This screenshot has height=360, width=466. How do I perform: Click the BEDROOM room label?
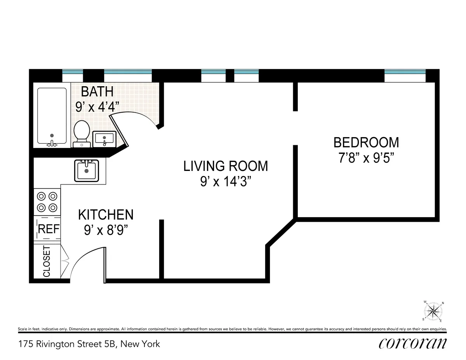pos(366,143)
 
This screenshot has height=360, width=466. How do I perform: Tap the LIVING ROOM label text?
pos(226,166)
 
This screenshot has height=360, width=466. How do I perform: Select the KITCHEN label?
pos(106,214)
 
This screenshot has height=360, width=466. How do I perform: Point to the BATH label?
pos(97,92)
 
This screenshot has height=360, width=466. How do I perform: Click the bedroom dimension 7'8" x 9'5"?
pos(366,159)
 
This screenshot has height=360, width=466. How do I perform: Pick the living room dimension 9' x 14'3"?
pos(226,182)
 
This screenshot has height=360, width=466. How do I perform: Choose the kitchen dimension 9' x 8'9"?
pos(106,230)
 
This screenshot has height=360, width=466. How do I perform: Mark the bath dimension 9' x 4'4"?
pos(97,107)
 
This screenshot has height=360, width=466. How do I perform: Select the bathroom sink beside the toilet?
pos(104,139)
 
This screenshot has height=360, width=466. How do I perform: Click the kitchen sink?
pos(87,170)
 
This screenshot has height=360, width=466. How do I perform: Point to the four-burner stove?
pos(47,202)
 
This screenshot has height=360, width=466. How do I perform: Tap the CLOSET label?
pos(47,261)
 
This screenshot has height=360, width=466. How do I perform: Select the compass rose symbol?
pos(434,311)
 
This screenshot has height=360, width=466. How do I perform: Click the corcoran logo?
pos(412,343)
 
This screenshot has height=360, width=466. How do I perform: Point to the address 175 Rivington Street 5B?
pos(89,344)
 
